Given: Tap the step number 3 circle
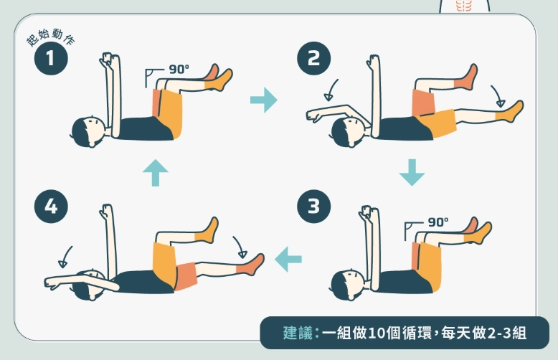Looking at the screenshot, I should click(313, 208).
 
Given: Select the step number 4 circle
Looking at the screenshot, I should click(50, 208).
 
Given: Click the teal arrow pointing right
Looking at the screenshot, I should click(263, 100).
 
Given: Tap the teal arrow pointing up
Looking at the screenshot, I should click(155, 173).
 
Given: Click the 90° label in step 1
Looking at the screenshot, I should click(179, 70).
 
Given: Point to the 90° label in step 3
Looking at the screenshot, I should click(438, 222).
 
